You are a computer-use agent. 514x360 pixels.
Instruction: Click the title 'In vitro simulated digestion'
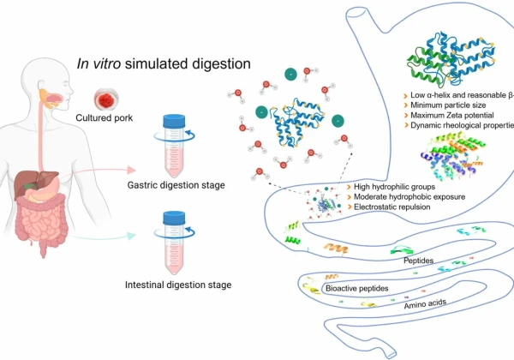164,63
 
